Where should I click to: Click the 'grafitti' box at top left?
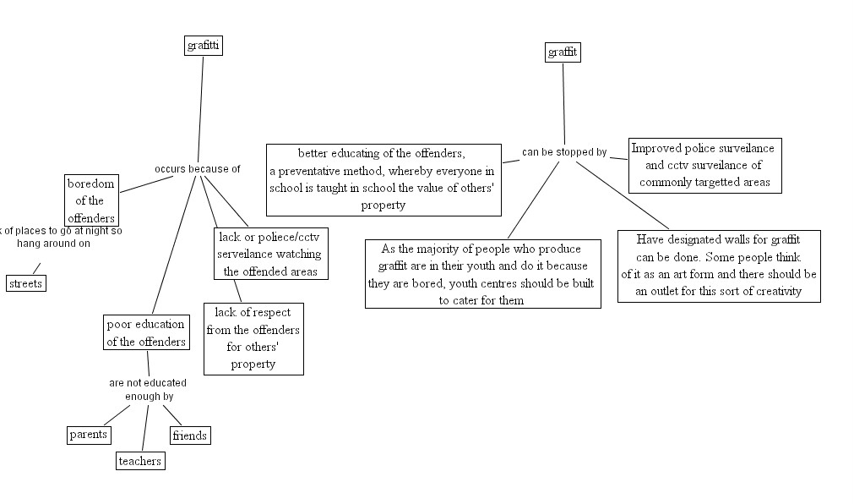[203, 46]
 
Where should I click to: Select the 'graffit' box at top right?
[563, 52]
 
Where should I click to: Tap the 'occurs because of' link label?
[197, 169]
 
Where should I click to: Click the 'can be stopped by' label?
[564, 152]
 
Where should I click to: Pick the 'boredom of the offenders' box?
[91, 200]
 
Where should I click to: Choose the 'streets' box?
[25, 283]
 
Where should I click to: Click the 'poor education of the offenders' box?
[146, 332]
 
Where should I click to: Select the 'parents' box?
[89, 435]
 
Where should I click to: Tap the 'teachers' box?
[139, 461]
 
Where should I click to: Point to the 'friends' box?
[189, 436]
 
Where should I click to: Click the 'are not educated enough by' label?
[148, 389]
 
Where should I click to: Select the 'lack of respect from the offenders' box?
[253, 338]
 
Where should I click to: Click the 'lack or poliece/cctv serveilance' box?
[270, 253]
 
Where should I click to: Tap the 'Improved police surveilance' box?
[702, 165]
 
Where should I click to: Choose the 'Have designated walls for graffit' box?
[718, 266]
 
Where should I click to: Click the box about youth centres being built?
[482, 274]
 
